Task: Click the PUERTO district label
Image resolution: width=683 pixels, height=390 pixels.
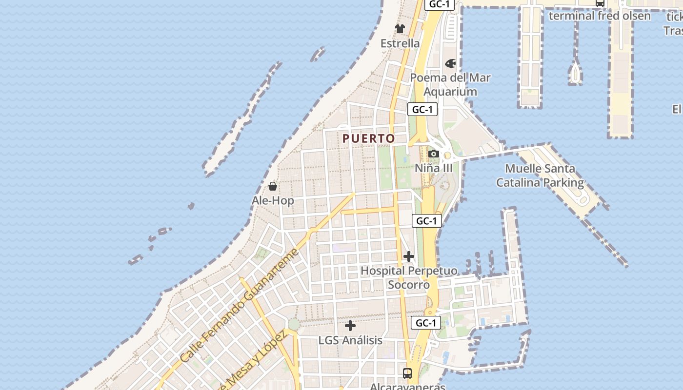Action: tap(368, 138)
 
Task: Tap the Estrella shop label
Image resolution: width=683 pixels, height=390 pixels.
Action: tap(400, 43)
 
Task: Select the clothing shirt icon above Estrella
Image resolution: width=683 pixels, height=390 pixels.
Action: tap(400, 29)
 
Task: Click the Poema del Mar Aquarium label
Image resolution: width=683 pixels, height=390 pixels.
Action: tap(450, 84)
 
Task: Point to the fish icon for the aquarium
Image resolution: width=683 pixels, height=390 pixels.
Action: tap(450, 63)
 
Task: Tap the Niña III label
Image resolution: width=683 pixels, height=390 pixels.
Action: tap(433, 168)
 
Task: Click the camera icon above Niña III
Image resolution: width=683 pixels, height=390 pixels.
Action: tap(433, 154)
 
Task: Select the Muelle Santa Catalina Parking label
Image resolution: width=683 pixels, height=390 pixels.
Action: tap(540, 175)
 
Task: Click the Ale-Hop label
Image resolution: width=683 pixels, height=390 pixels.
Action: tap(273, 200)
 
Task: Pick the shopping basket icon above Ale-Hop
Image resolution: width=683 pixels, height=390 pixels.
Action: tap(273, 186)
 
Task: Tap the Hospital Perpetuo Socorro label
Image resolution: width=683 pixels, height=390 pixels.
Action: tap(409, 277)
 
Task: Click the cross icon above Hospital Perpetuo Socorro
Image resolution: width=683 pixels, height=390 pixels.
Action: tap(409, 256)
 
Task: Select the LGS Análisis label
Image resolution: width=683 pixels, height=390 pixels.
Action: tap(350, 340)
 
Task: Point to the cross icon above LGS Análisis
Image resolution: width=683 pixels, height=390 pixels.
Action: tap(350, 326)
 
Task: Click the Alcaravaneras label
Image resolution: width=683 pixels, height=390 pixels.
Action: tap(407, 387)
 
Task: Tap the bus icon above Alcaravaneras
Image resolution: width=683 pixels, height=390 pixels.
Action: tap(407, 373)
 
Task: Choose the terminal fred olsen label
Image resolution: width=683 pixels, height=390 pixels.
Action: tap(600, 16)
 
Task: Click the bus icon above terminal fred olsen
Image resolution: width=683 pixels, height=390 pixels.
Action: tap(600, 3)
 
